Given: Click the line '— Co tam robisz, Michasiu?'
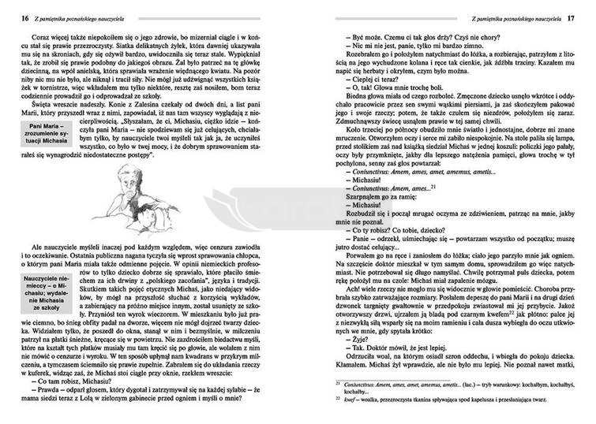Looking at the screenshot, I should click(x=77, y=381).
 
